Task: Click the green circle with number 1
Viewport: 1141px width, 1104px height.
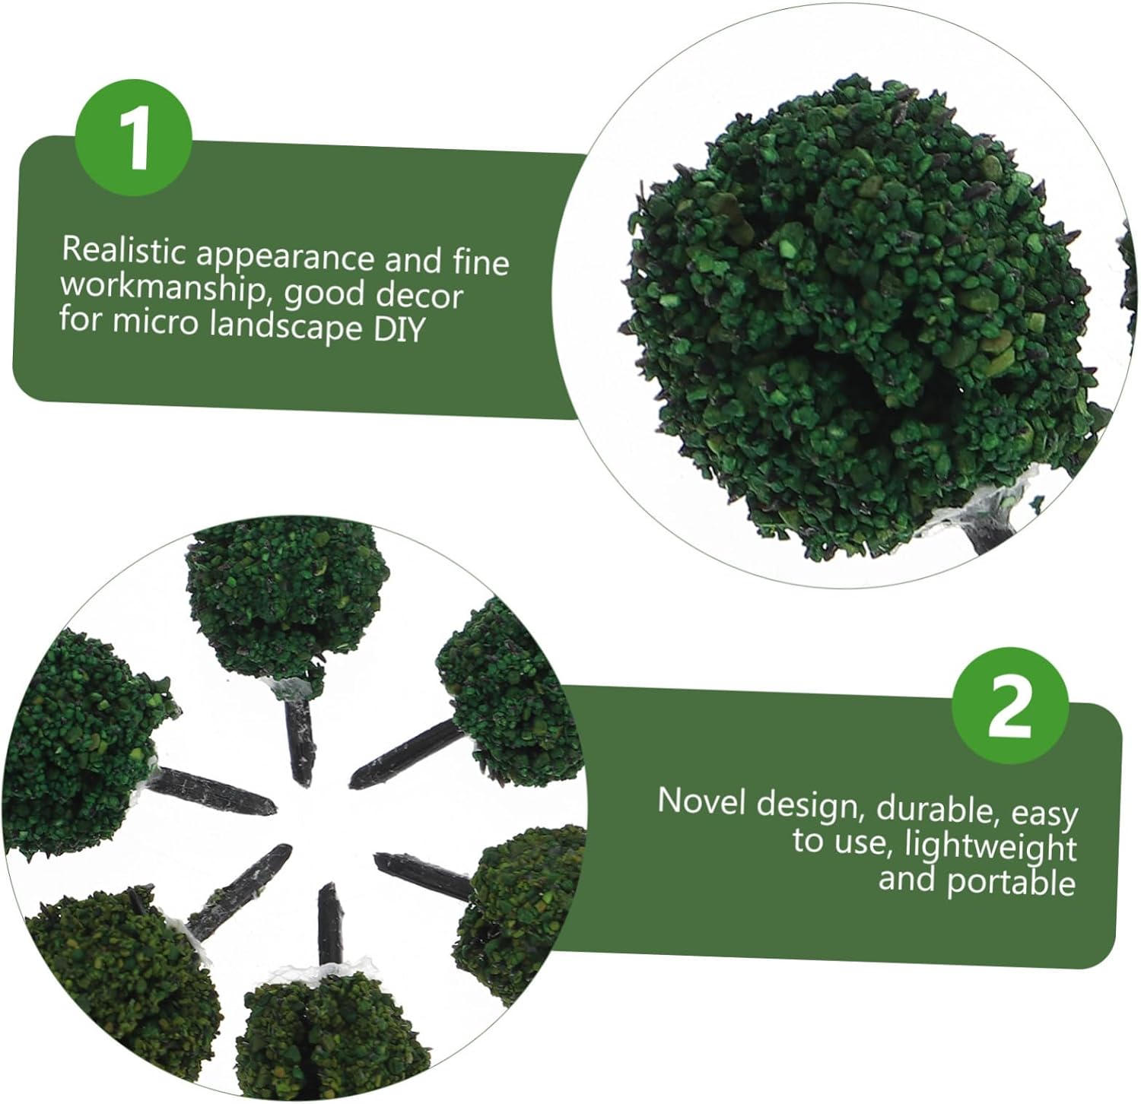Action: tap(134, 138)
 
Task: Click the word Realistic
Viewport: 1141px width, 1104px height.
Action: tap(125, 252)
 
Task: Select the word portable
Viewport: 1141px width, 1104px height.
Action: tap(1011, 882)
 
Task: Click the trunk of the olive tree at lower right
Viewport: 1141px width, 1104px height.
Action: tap(423, 874)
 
